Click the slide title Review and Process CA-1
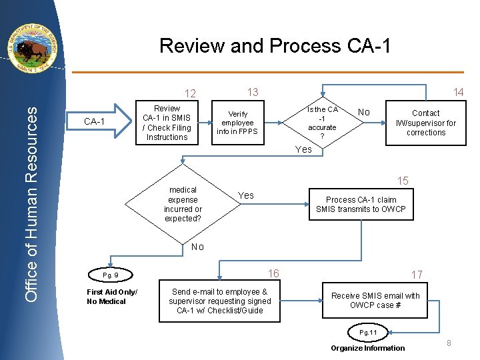(x=275, y=46)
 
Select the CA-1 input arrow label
(x=94, y=121)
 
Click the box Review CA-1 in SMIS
(x=167, y=123)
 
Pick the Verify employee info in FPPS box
(x=237, y=123)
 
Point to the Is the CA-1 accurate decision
(x=322, y=123)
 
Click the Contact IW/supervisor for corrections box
(x=425, y=123)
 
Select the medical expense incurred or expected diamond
(x=183, y=204)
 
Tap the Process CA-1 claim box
(x=361, y=204)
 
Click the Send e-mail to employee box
(x=220, y=301)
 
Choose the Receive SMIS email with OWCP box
(x=375, y=301)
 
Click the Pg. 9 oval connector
(x=111, y=275)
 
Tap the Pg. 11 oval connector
(x=368, y=332)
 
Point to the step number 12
(x=190, y=93)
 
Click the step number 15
(x=403, y=181)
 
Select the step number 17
(x=417, y=274)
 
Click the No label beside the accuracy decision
(x=364, y=113)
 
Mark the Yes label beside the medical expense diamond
(x=246, y=195)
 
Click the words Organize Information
(x=367, y=347)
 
